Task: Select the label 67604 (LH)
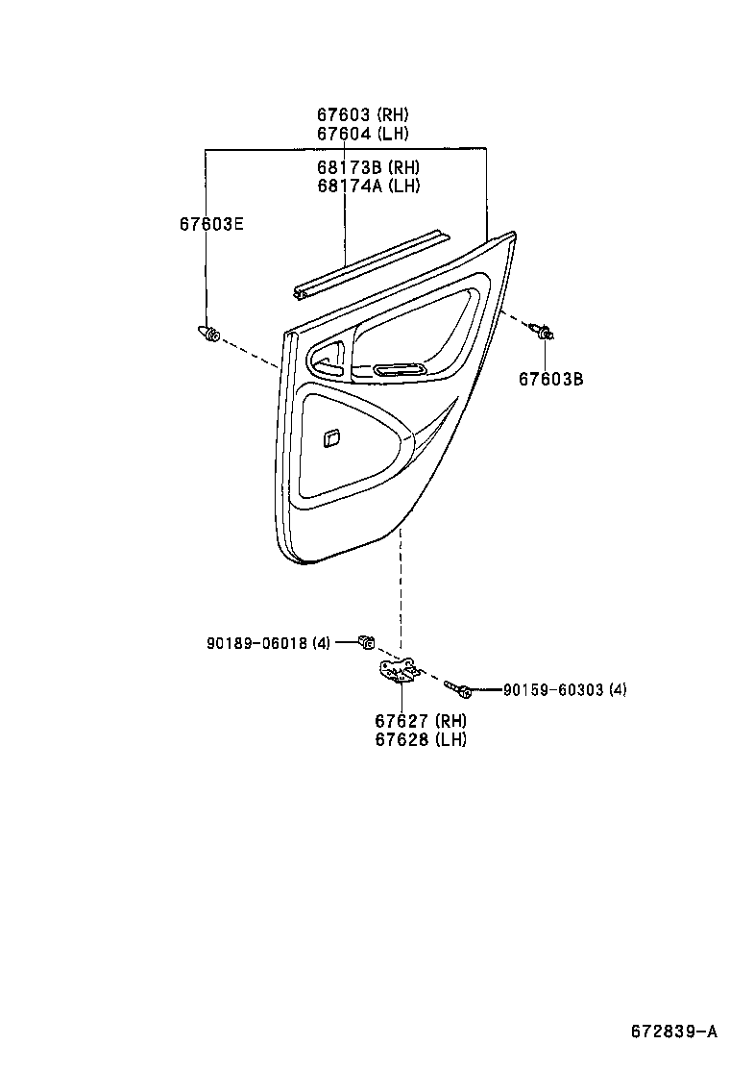[362, 134]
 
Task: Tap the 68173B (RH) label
[368, 168]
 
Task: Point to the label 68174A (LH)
[368, 186]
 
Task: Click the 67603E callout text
[211, 224]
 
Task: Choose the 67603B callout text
[551, 379]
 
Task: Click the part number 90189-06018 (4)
[268, 643]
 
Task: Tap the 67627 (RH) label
[420, 721]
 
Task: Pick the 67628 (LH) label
[420, 739]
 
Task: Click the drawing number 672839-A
[673, 1032]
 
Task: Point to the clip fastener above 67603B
[543, 333]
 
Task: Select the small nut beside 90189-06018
[365, 641]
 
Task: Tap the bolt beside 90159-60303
[456, 686]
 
